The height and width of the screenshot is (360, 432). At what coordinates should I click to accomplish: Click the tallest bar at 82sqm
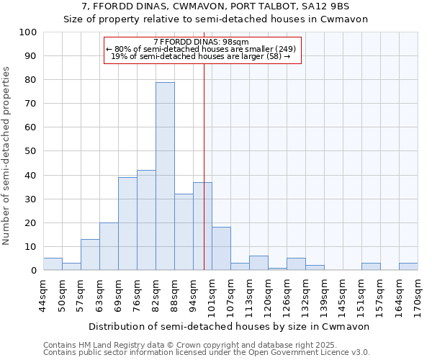click(x=165, y=176)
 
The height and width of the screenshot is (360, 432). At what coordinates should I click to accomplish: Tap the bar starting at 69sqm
click(x=127, y=224)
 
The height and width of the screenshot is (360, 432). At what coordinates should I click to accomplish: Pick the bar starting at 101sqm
click(x=221, y=249)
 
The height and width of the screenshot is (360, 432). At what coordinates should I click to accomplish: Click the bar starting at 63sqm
click(x=109, y=246)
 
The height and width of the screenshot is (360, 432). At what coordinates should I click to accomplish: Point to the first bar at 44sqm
click(x=53, y=264)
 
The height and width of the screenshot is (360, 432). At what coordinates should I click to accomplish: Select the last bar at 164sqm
click(x=408, y=266)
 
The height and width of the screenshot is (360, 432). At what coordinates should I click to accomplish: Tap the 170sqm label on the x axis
click(x=418, y=293)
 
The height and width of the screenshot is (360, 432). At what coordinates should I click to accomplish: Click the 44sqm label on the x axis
click(x=43, y=293)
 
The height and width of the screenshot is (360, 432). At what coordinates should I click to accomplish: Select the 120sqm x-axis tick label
click(x=268, y=294)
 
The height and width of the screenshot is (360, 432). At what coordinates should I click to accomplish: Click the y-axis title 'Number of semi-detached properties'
click(x=6, y=155)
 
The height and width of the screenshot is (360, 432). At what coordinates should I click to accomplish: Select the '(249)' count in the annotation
click(x=282, y=49)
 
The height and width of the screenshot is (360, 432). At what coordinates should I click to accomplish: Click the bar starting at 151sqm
click(x=371, y=266)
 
